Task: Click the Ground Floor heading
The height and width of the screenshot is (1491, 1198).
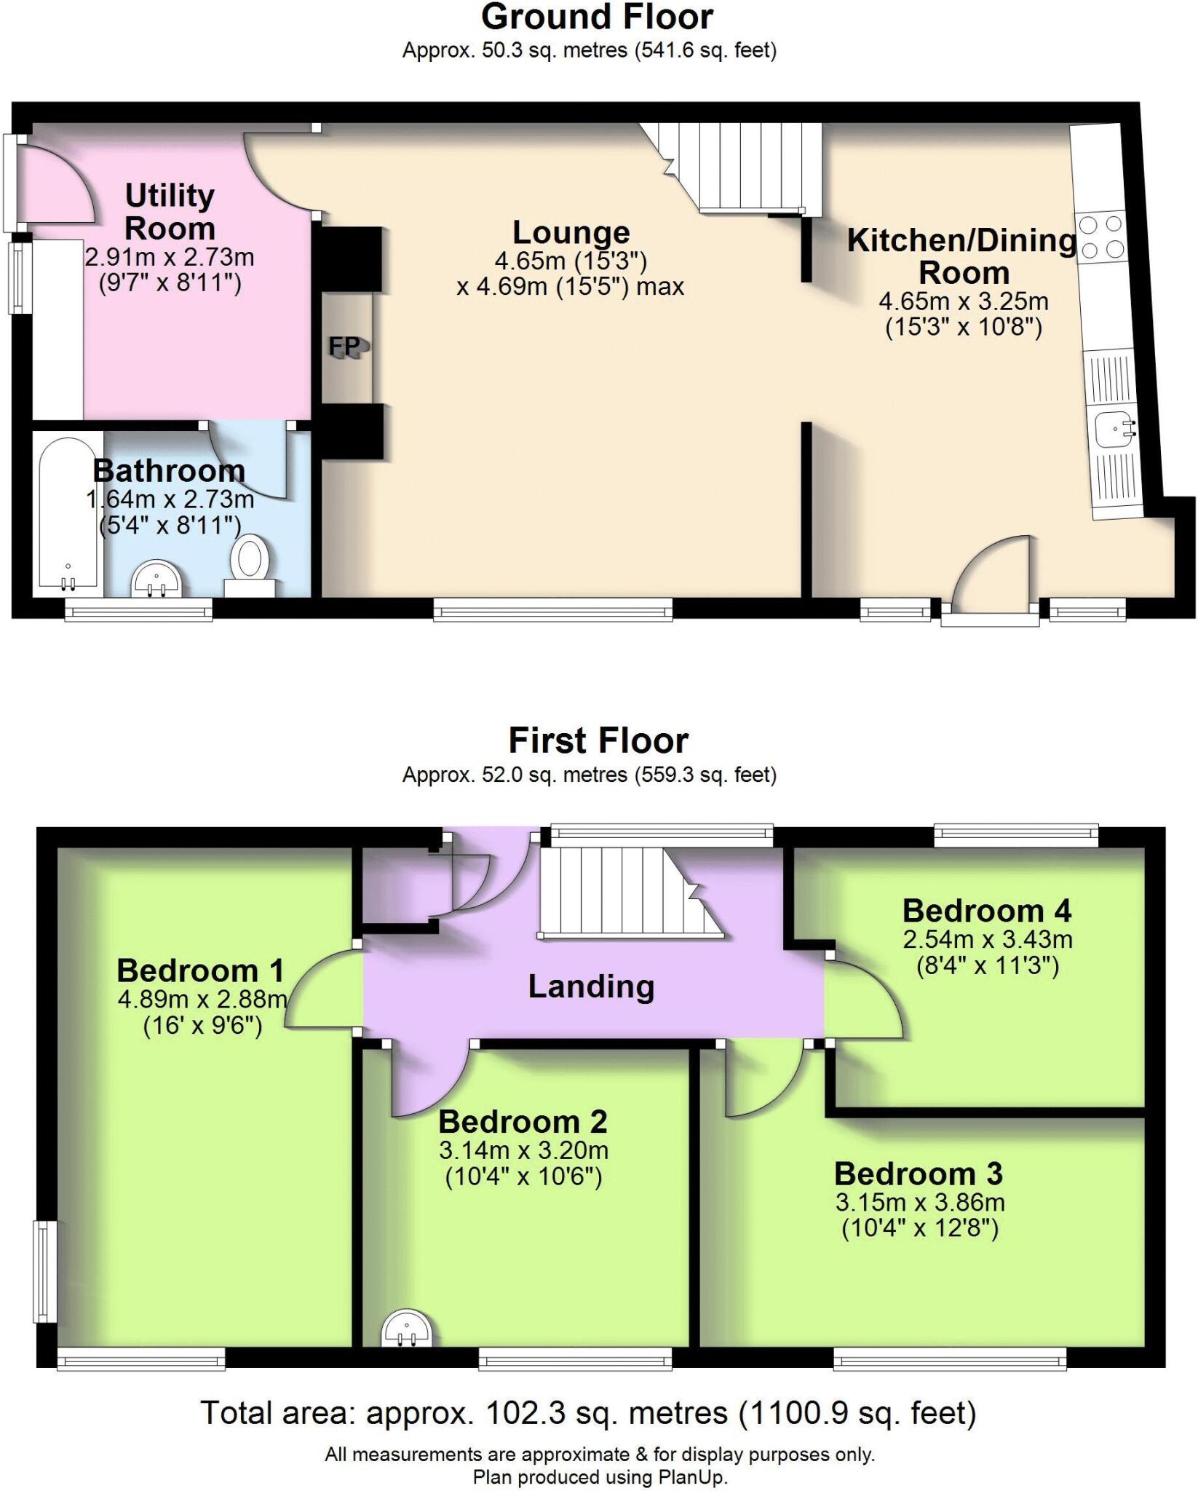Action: pos(597,17)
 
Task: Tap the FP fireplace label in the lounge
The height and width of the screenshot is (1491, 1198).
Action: pos(346,347)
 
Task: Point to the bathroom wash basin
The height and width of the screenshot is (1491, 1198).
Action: pos(156,580)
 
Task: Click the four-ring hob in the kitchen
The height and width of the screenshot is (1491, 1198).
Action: pos(1101,237)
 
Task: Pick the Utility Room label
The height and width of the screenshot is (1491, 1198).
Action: pos(170,212)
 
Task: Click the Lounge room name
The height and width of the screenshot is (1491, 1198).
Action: pos(571,233)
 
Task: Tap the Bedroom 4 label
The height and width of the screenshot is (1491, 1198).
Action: pos(987,911)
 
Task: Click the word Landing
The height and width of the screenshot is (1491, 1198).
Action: pos(591,986)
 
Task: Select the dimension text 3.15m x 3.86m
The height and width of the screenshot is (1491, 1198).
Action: pos(920,1202)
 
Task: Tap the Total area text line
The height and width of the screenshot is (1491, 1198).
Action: pos(588,1413)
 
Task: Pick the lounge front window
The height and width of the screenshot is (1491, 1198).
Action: pos(553,609)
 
